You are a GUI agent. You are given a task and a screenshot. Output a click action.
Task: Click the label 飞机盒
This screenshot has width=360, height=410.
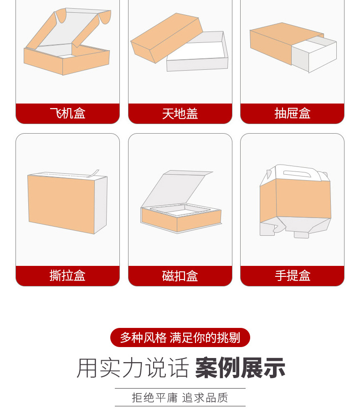(x=67, y=113)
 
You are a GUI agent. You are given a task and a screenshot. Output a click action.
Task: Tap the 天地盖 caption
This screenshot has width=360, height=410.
(x=180, y=113)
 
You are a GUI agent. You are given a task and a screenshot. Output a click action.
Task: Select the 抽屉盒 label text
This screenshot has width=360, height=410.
(x=292, y=113)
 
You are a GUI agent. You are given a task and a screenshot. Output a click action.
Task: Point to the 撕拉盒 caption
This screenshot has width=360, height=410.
(x=67, y=275)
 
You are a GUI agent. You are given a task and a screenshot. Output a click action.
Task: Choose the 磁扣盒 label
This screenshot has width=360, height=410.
(x=180, y=275)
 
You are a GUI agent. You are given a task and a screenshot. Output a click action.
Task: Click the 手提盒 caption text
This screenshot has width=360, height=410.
(x=292, y=275)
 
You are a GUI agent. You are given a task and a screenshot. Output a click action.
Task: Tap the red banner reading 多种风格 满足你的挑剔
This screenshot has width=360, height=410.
(x=180, y=337)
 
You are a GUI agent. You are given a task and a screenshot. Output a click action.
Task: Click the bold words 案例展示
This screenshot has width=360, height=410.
(x=240, y=368)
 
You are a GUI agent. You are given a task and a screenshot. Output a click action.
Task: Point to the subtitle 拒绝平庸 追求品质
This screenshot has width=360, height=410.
(x=180, y=397)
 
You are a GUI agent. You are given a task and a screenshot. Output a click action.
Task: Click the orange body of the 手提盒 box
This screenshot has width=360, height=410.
(x=295, y=198)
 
